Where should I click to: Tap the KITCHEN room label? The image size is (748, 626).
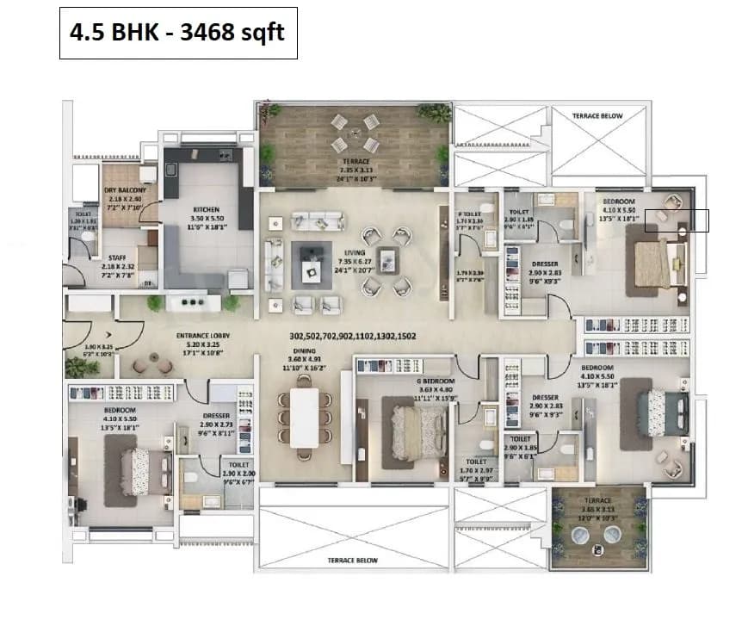tap(206, 209)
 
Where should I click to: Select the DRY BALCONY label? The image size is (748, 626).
tap(121, 190)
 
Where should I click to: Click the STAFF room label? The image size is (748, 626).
tap(118, 257)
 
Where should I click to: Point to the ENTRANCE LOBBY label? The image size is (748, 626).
tap(200, 335)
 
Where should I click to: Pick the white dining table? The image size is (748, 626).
tap(304, 418)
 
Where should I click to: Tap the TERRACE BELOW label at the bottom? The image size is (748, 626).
tap(352, 560)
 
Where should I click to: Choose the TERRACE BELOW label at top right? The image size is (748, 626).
tap(597, 115)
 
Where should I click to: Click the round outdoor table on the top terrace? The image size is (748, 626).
tap(355, 133)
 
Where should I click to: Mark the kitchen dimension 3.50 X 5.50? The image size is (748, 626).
tap(206, 220)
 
